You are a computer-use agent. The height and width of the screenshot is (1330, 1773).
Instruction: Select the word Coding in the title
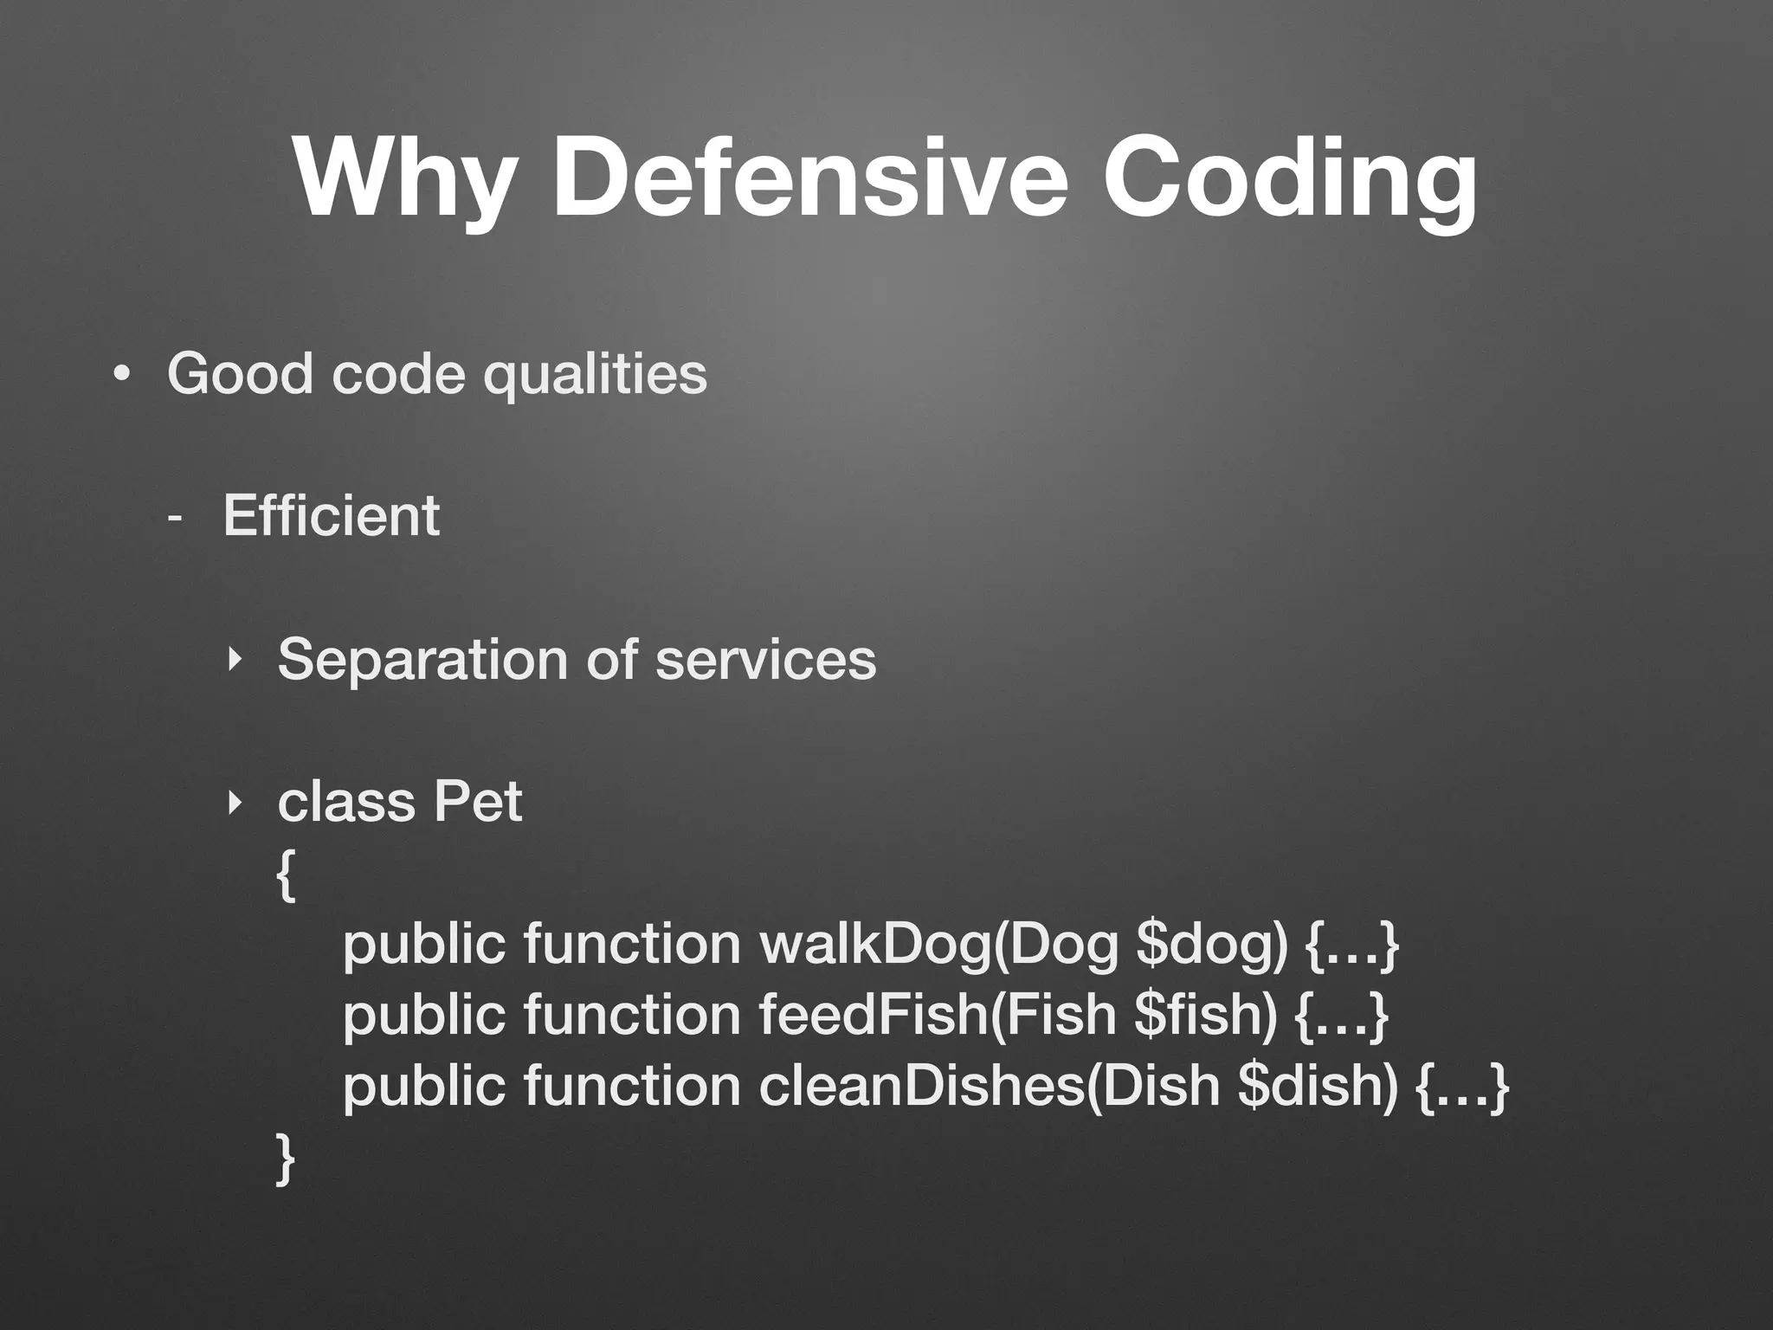[1289, 178]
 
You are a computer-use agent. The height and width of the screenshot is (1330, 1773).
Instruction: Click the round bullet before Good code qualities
[122, 375]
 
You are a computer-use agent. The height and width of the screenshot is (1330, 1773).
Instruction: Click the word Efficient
[331, 516]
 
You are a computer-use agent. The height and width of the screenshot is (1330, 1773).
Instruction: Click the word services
[765, 660]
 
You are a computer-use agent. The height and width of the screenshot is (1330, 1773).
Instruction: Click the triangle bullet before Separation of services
[232, 661]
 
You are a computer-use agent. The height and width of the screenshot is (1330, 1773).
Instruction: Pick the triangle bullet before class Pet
[232, 803]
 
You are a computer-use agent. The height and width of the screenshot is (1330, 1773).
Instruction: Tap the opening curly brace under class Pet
[286, 875]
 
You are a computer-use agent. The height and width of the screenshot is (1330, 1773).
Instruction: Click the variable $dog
[1210, 945]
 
